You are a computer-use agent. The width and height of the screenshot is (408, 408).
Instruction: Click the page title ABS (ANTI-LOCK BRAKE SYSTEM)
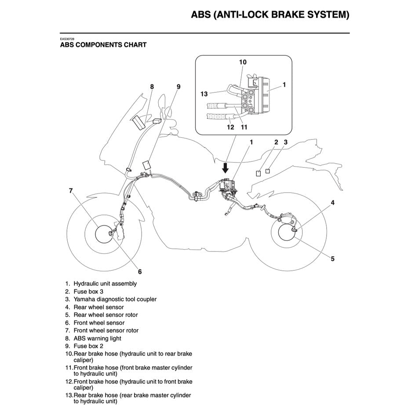pyautogui.click(x=270, y=15)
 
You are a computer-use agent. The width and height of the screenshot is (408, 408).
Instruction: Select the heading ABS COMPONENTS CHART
pyautogui.click(x=103, y=45)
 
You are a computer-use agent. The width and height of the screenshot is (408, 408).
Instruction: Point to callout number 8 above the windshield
pyautogui.click(x=152, y=87)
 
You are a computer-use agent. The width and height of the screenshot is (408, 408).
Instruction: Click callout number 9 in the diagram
pyautogui.click(x=178, y=87)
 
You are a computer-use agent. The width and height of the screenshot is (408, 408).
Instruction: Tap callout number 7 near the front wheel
pyautogui.click(x=71, y=191)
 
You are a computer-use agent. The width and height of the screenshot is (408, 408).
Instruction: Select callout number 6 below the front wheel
pyautogui.click(x=140, y=271)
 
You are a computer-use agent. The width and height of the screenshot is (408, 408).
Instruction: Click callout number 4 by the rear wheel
pyautogui.click(x=332, y=203)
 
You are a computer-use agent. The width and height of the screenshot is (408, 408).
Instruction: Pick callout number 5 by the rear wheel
pyautogui.click(x=332, y=259)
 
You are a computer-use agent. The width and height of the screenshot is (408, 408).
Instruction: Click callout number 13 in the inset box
pyautogui.click(x=204, y=94)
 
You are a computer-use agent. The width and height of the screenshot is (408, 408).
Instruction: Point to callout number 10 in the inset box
pyautogui.click(x=243, y=62)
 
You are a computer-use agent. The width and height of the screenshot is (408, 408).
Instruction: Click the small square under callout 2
pyautogui.click(x=259, y=173)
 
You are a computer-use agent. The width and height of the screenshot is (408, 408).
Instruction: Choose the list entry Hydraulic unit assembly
pyautogui.click(x=105, y=284)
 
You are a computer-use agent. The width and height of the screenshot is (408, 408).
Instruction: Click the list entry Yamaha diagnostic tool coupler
pyautogui.click(x=115, y=299)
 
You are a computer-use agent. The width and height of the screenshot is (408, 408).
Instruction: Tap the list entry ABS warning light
pyautogui.click(x=97, y=339)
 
